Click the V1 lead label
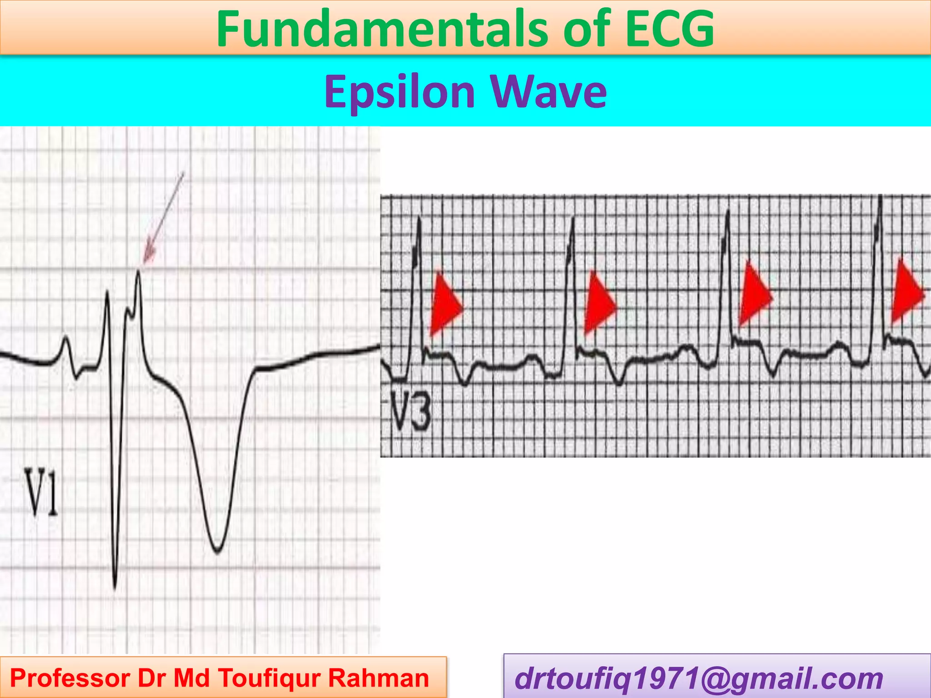point(41,493)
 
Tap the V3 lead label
point(410,412)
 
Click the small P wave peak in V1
point(66,337)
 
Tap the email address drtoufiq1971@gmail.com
point(698,678)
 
